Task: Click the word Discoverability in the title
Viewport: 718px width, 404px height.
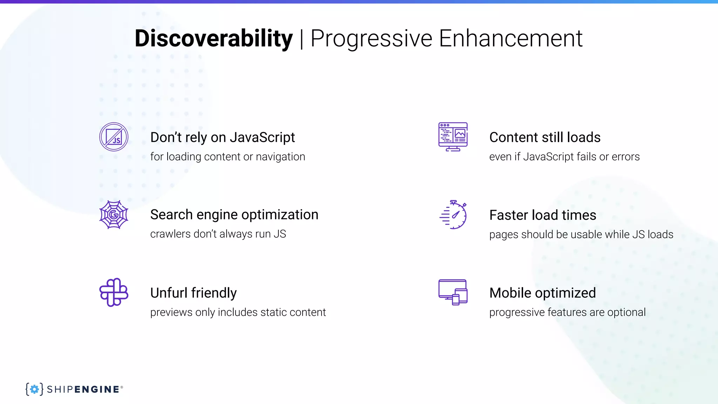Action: point(213,39)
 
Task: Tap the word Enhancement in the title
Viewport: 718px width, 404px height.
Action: point(510,39)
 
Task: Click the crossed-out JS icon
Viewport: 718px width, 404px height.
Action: point(114,137)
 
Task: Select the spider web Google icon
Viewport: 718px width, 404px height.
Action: point(114,215)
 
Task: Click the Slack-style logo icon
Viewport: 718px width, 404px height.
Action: point(114,292)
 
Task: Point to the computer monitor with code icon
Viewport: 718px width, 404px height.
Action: point(453,137)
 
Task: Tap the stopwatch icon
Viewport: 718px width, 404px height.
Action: point(454,215)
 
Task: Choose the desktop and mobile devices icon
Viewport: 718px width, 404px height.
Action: point(453,292)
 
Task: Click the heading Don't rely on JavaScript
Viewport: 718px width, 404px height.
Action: point(222,137)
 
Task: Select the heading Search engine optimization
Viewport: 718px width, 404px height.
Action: point(234,215)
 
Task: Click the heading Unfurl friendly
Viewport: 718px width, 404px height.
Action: point(193,293)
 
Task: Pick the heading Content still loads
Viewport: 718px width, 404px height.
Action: point(544,137)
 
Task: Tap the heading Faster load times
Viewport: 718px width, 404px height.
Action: point(542,215)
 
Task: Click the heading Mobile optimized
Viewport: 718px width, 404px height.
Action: point(542,293)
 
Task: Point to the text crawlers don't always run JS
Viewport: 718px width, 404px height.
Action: point(218,234)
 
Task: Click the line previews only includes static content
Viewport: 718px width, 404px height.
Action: point(238,312)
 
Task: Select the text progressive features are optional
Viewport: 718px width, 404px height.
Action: point(567,312)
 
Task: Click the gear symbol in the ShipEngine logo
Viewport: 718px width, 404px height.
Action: point(34,389)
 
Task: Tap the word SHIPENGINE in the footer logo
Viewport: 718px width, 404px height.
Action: point(83,389)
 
